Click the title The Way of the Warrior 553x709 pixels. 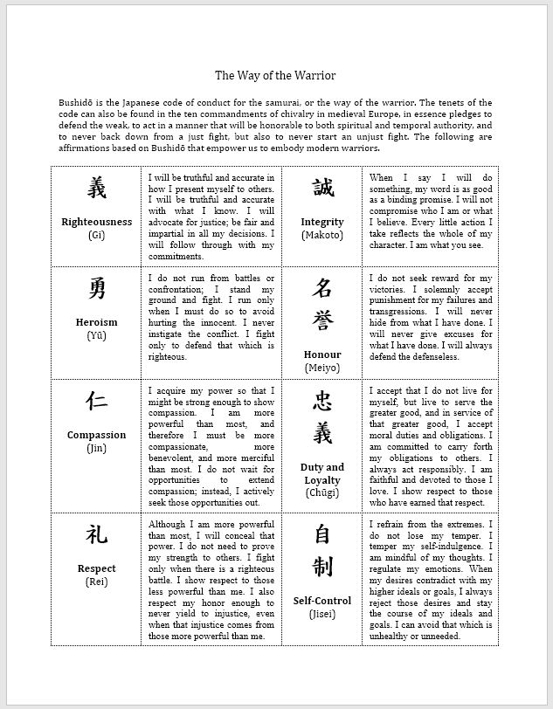point(275,76)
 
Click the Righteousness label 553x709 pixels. point(96,222)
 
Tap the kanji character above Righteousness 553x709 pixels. point(96,188)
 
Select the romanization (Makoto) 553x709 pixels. point(321,235)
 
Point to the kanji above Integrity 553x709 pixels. point(321,188)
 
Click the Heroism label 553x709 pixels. point(96,322)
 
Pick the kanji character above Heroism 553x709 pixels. point(96,288)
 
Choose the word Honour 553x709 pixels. point(321,354)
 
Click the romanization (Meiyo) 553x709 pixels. point(321,368)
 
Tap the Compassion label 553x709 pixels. point(96,435)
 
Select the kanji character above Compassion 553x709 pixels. point(96,401)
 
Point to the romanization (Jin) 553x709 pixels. point(96,448)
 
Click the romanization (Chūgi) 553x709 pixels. point(321,493)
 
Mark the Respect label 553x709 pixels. point(96,568)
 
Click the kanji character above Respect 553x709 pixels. point(96,534)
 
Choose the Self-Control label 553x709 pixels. point(321,601)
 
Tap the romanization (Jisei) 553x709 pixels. point(321,614)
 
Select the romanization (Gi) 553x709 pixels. point(96,235)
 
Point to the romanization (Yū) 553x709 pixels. point(96,335)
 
